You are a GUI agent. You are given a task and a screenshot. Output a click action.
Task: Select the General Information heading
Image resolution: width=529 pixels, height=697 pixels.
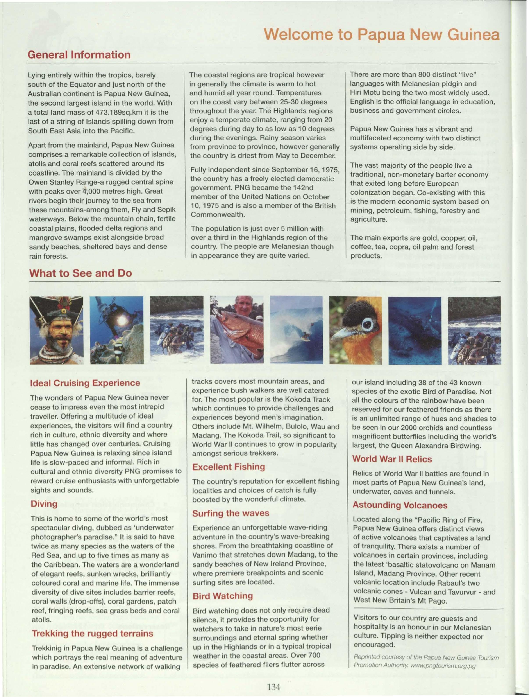[79, 55]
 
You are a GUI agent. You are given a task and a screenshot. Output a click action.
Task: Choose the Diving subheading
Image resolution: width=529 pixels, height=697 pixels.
[44, 504]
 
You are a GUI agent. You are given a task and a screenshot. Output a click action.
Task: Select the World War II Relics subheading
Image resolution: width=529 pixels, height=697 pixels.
[392, 459]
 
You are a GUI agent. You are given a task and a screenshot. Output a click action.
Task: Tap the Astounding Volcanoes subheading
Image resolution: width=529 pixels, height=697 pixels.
[400, 505]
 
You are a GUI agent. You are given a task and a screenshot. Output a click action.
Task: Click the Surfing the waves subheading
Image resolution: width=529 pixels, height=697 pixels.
[231, 513]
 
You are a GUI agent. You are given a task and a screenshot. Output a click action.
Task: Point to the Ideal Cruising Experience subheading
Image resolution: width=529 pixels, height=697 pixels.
[85, 383]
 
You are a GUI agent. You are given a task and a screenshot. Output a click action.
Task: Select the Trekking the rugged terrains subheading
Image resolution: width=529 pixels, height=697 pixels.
[92, 634]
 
